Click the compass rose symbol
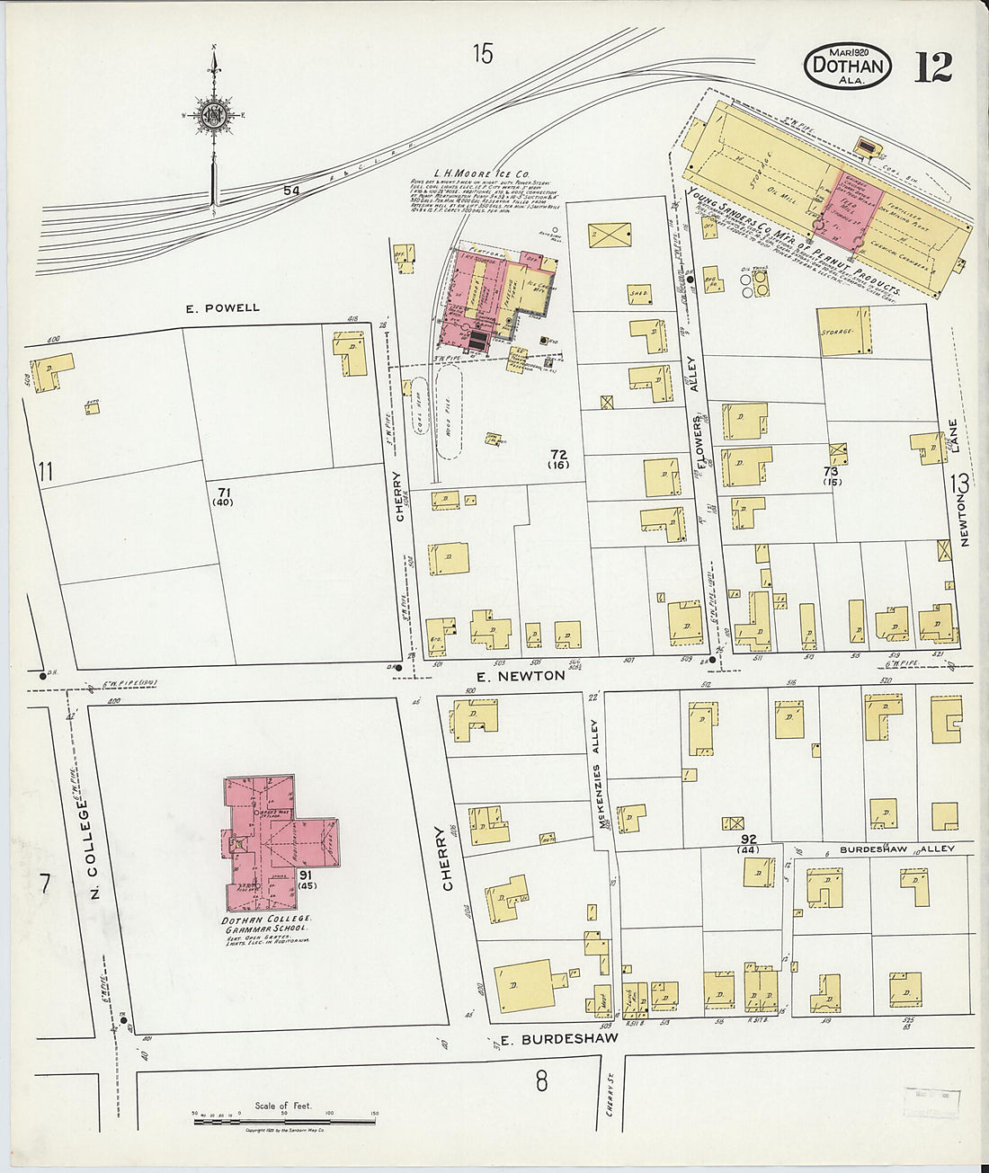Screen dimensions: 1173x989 tap(214, 114)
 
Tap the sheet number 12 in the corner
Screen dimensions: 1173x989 tap(932, 67)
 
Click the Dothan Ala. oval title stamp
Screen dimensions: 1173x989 tap(848, 67)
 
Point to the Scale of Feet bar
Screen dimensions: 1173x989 tap(284, 1121)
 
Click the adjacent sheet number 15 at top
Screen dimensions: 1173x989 tap(483, 55)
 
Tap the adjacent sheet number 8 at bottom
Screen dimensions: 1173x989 tap(541, 1080)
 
